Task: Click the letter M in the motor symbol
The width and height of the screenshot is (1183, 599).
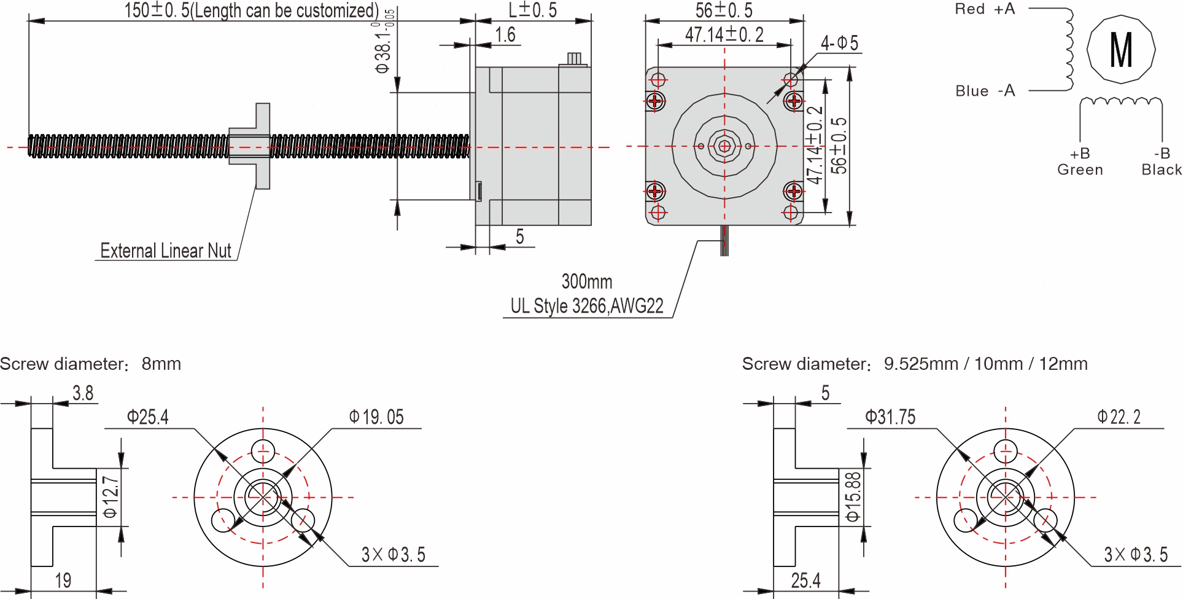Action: tap(1121, 50)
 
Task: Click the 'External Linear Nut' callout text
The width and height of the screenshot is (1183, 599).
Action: tap(166, 251)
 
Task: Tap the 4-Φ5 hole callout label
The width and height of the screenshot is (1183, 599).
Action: tap(839, 43)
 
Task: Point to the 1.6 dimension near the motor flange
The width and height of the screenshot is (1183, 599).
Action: tap(505, 35)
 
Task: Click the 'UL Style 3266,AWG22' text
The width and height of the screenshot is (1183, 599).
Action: tap(587, 306)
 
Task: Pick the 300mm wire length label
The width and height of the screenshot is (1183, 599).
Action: tap(587, 282)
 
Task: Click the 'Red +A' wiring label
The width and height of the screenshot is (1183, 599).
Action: tap(985, 9)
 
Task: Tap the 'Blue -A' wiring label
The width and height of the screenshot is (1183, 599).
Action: tap(985, 91)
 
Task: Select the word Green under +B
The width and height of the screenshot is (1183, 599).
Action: tap(1080, 170)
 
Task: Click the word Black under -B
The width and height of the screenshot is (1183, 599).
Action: tap(1161, 170)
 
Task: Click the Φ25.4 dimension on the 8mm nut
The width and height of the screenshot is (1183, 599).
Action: tap(147, 418)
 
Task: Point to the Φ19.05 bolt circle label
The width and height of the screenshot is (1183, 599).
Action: tap(376, 418)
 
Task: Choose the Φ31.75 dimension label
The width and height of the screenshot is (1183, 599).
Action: tap(890, 418)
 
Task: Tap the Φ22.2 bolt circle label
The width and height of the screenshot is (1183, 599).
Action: tap(1119, 418)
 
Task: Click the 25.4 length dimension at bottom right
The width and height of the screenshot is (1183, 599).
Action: tap(805, 581)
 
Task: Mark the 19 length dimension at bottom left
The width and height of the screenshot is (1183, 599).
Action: tap(63, 581)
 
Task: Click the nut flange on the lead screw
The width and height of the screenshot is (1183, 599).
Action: tap(262, 146)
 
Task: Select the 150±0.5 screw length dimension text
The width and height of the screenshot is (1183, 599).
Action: tap(251, 10)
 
